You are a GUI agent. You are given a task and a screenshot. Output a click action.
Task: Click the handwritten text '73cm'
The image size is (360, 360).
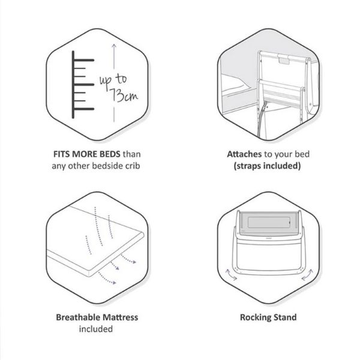124,95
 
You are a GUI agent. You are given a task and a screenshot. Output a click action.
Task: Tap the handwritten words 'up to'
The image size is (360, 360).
113,81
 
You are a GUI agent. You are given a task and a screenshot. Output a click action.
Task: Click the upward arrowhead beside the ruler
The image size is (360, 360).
114,46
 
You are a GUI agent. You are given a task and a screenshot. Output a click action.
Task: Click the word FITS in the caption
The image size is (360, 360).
61,154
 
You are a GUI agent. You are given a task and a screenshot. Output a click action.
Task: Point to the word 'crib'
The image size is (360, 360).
133,166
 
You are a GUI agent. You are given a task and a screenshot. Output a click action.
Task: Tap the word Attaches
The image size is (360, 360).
244,154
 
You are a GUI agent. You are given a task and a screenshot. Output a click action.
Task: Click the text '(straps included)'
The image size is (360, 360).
267,166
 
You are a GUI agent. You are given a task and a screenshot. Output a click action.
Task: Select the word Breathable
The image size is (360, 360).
78,317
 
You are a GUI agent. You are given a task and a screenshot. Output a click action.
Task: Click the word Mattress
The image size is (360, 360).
121,317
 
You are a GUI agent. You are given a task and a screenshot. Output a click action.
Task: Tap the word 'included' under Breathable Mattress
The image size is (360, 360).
96,329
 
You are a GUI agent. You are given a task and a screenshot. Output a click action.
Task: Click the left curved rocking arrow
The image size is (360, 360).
231,275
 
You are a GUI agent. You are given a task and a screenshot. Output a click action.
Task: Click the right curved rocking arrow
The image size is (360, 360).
307,275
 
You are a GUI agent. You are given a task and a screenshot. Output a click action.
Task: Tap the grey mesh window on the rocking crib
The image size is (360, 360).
268,223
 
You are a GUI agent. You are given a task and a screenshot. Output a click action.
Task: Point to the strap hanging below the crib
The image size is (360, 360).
262,119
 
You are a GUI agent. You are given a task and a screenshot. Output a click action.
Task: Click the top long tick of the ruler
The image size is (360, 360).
84,60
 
